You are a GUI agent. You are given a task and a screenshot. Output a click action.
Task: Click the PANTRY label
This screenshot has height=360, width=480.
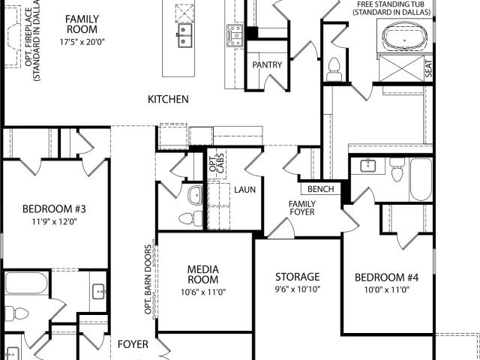coord(267,65)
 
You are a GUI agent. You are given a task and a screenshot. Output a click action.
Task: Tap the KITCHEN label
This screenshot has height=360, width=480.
coord(168,100)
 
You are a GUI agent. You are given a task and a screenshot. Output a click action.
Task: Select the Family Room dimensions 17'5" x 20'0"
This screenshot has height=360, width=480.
coord(82,42)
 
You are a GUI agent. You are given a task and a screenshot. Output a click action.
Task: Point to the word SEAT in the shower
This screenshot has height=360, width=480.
coord(428,68)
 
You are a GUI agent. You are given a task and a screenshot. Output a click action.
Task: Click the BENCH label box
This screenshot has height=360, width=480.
coord(320,189)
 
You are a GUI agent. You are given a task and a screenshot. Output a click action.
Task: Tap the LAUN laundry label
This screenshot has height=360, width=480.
coord(245,190)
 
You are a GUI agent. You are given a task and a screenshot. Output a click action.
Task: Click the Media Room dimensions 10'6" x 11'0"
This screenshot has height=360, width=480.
coord(203,292)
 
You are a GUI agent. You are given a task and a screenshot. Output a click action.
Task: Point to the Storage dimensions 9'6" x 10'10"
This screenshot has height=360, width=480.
coord(298,289)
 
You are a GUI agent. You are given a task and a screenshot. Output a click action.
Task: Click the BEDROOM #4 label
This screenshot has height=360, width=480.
coord(387,277)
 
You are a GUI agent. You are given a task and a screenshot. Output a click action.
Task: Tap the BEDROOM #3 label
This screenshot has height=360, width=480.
coord(54,209)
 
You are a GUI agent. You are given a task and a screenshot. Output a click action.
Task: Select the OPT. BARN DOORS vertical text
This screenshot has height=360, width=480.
coord(148,280)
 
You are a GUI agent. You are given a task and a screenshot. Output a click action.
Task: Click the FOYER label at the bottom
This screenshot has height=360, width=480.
coord(133,344)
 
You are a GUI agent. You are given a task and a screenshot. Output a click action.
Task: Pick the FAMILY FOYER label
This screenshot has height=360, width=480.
coord(302,208)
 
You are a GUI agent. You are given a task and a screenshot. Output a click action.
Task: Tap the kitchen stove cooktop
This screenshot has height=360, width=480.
coord(235,36)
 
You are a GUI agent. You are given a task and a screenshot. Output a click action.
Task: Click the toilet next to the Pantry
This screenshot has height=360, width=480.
coord(334,69)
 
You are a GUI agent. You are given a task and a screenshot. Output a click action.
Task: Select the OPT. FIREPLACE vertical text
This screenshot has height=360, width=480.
coord(33,40)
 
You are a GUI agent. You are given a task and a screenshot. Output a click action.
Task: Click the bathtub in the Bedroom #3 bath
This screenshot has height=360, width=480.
coord(27,283)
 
